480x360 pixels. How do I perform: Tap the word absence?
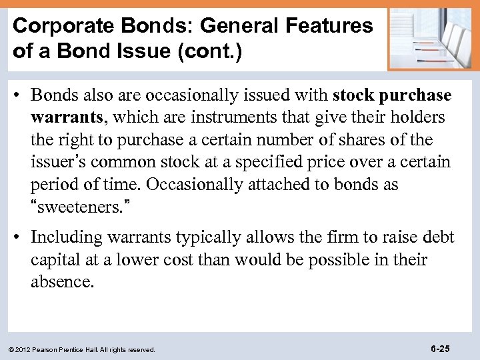63,281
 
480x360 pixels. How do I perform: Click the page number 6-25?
441,348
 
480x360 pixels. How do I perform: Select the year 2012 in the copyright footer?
24,349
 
